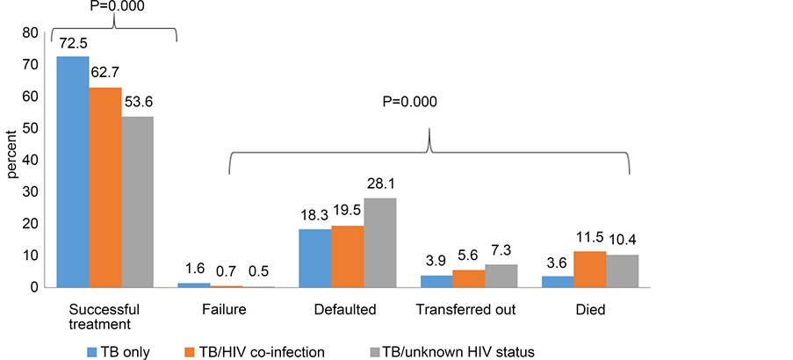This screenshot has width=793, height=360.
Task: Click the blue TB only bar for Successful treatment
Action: tap(73, 172)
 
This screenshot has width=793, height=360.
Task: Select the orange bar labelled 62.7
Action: tap(105, 188)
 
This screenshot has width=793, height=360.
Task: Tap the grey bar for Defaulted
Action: tap(380, 243)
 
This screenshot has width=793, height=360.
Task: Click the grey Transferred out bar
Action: tap(501, 276)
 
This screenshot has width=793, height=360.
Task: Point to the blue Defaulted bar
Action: tap(315, 258)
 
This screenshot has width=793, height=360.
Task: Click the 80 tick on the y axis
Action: tap(31, 33)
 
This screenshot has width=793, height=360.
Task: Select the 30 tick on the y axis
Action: tap(31, 192)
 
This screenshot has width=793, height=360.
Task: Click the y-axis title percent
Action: tap(12, 157)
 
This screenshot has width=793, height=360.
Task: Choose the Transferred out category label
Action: tap(465, 310)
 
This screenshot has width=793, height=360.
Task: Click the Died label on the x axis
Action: tap(589, 310)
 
